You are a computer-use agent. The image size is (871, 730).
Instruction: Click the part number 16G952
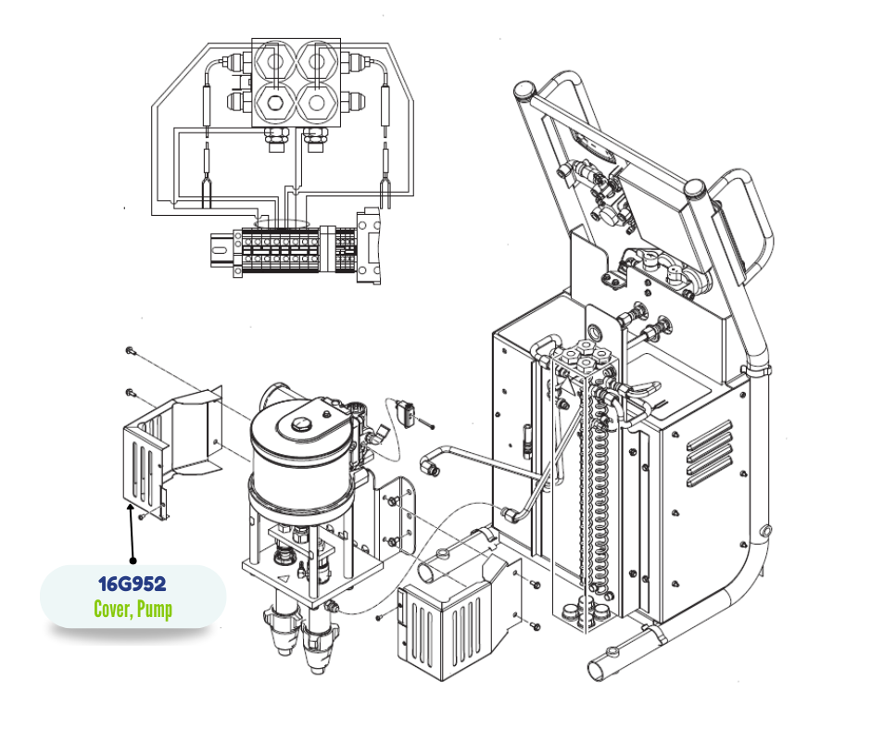pos(133,584)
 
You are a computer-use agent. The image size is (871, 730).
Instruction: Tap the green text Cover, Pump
pos(133,610)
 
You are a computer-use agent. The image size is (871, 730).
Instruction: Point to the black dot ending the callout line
pos(133,561)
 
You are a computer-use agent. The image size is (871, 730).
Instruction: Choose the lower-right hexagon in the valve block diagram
pos(317,104)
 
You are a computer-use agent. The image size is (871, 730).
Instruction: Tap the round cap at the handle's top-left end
pos(524,90)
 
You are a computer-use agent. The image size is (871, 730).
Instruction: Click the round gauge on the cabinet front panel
pos(596,332)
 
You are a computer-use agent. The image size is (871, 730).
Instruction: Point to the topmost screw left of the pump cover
pos(130,350)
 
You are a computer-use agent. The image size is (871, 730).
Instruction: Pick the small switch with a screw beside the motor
pos(406,414)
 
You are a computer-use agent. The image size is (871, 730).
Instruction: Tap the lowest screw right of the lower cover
pos(536,626)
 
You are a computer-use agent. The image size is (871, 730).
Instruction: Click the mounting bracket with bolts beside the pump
pos(398,514)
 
